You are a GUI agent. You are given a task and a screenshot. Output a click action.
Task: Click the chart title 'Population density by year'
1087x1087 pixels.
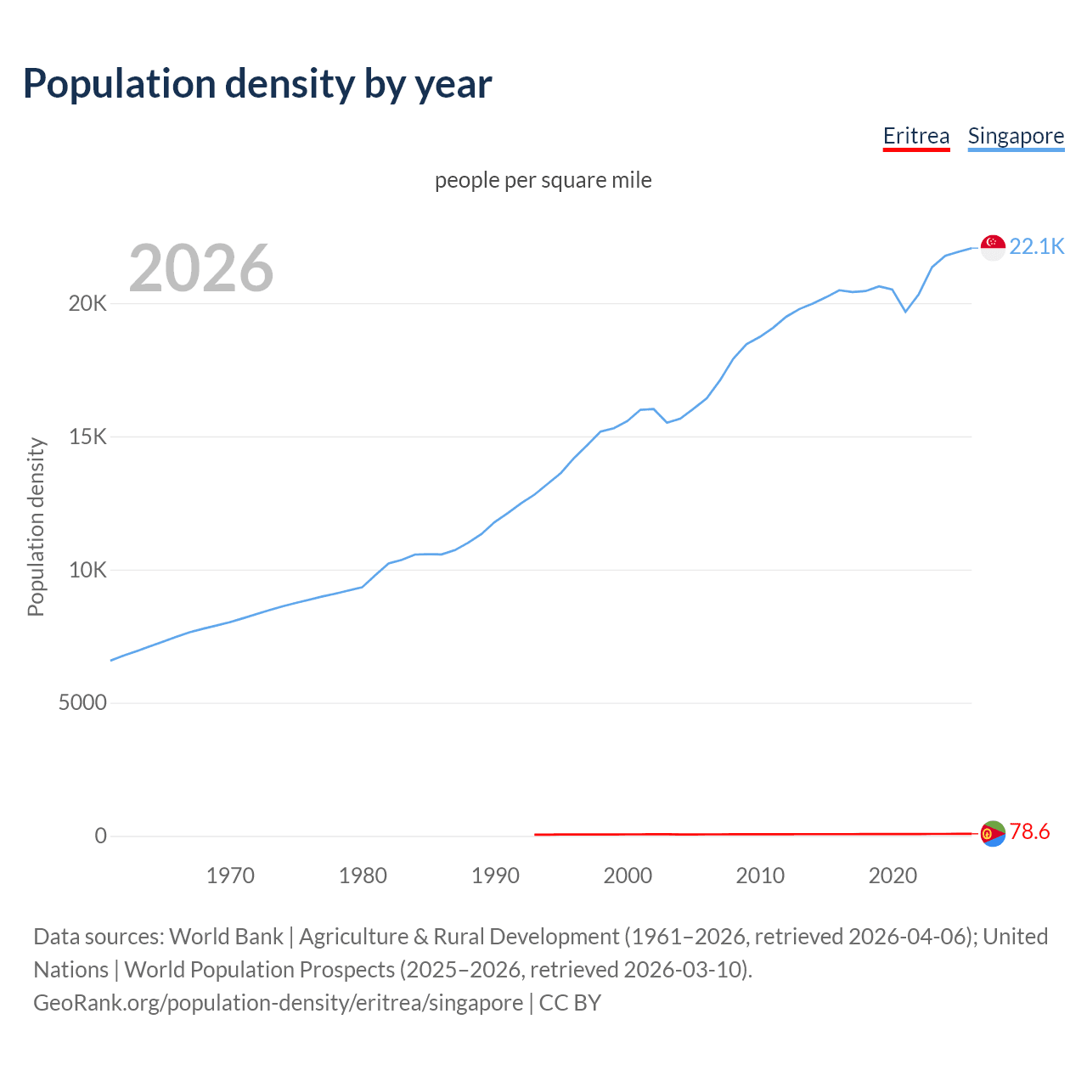pyautogui.click(x=257, y=84)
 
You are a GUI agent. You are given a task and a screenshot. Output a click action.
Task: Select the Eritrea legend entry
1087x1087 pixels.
pyautogui.click(x=915, y=136)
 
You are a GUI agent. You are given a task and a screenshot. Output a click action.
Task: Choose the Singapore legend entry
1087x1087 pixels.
pyautogui.click(x=1016, y=136)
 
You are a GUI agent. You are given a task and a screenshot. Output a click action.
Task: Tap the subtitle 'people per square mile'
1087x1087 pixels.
pyautogui.click(x=543, y=180)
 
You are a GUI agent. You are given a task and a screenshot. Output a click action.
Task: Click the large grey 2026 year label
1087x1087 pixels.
pyautogui.click(x=201, y=268)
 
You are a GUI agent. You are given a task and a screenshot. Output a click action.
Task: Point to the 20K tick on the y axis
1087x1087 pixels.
pyautogui.click(x=87, y=304)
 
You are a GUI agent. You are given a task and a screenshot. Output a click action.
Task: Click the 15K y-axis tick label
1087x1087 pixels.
pyautogui.click(x=87, y=437)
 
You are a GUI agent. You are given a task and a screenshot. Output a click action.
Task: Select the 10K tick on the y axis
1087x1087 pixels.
pyautogui.click(x=87, y=570)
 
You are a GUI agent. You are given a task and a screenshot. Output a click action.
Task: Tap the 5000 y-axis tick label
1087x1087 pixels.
pyautogui.click(x=82, y=703)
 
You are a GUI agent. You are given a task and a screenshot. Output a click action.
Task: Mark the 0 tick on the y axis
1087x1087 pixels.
pyautogui.click(x=101, y=836)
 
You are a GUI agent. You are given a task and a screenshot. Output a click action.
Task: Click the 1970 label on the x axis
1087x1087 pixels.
pyautogui.click(x=230, y=876)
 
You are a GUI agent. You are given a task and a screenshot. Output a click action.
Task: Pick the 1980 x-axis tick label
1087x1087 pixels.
pyautogui.click(x=363, y=876)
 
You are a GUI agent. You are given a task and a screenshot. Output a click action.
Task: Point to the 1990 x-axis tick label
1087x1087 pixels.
pyautogui.click(x=495, y=876)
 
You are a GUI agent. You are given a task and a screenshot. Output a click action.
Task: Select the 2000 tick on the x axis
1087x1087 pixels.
pyautogui.click(x=628, y=876)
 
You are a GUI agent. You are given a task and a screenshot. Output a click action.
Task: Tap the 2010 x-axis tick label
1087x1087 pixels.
pyautogui.click(x=760, y=876)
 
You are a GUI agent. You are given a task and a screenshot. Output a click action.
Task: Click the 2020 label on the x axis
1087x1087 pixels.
pyautogui.click(x=893, y=876)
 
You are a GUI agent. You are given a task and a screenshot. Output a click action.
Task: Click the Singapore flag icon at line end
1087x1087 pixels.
pyautogui.click(x=993, y=247)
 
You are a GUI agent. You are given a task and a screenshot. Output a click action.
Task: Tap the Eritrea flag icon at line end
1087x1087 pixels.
pyautogui.click(x=993, y=833)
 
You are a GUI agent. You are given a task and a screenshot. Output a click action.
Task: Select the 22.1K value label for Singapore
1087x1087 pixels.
pyautogui.click(x=1036, y=246)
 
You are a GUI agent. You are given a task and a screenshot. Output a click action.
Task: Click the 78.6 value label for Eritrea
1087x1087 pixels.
pyautogui.click(x=1029, y=832)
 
